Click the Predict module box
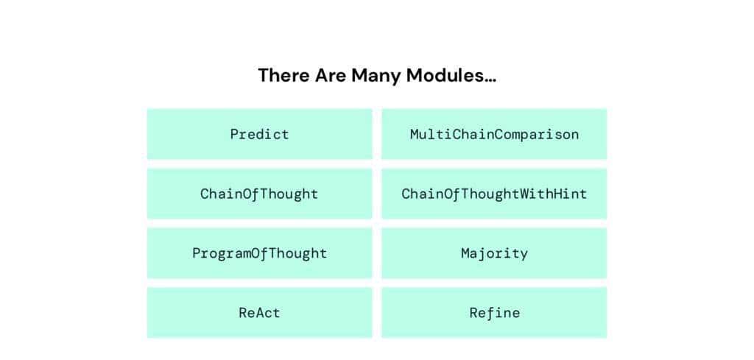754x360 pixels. [x=260, y=133]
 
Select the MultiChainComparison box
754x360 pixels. [x=494, y=133]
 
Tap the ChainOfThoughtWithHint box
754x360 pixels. [x=494, y=194]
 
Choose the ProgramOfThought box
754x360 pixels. [x=260, y=253]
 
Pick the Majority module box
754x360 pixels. [x=494, y=253]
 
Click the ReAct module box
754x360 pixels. [x=260, y=313]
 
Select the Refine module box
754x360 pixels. [x=494, y=313]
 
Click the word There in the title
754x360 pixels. [x=283, y=76]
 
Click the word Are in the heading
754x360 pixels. [x=331, y=76]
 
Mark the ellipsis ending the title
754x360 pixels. [x=490, y=81]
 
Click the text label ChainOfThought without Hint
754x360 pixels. [x=259, y=194]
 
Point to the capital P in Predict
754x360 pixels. [x=235, y=134]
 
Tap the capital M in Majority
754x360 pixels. [x=465, y=253]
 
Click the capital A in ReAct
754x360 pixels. [x=259, y=313]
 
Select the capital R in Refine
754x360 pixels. [x=473, y=313]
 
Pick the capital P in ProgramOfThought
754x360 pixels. [x=196, y=253]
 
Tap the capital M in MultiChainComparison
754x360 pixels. [x=415, y=134]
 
